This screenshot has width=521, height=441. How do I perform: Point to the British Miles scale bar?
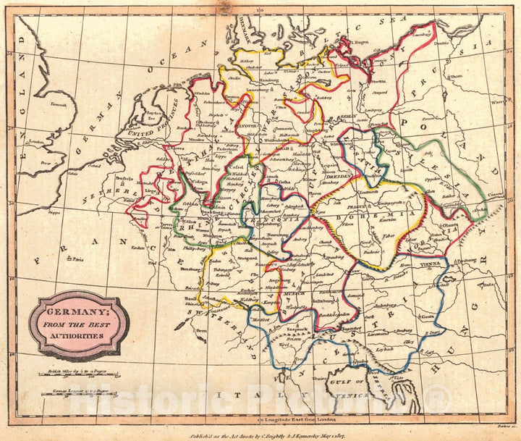[77, 375]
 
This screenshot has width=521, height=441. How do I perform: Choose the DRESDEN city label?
[340, 176]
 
